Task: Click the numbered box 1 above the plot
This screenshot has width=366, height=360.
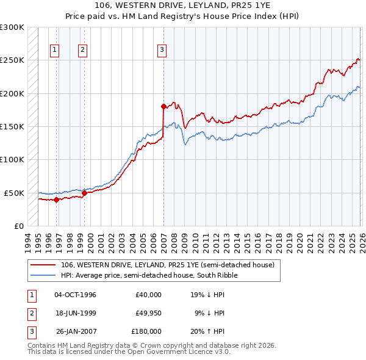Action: (56, 51)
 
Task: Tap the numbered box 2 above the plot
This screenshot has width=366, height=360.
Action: (82, 51)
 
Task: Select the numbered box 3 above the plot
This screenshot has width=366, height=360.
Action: (162, 51)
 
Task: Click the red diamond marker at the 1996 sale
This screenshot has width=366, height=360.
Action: (56, 200)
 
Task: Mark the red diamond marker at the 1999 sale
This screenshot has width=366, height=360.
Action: (84, 193)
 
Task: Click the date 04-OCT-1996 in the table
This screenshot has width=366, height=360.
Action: (76, 295)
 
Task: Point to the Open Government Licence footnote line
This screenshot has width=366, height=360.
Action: (129, 352)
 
